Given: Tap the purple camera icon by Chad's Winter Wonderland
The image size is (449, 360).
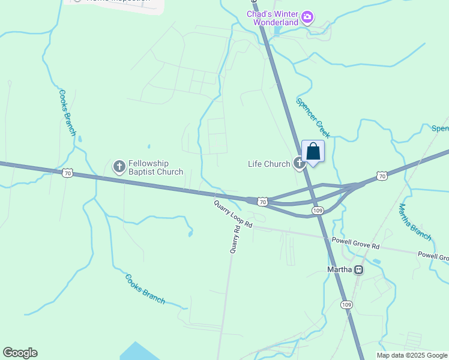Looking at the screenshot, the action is [307, 16].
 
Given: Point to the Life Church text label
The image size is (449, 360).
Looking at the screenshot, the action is [269, 164].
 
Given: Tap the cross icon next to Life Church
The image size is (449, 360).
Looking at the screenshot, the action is [298, 163].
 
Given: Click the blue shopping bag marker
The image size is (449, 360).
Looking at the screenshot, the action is [313, 152].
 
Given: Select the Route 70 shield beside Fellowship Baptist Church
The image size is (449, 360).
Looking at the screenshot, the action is [67, 173].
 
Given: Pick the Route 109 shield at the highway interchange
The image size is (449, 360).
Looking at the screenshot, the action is [318, 211].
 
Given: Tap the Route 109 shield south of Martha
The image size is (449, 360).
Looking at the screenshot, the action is [346, 305].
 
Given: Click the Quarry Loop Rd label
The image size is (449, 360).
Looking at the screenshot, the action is [234, 214].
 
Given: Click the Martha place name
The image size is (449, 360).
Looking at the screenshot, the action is [340, 269].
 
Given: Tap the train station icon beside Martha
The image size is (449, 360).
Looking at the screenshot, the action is [359, 270].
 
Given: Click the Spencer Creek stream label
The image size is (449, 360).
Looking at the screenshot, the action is [313, 116].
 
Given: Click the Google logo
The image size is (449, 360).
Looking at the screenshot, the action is [20, 353].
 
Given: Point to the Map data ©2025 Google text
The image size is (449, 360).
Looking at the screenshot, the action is [412, 355].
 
